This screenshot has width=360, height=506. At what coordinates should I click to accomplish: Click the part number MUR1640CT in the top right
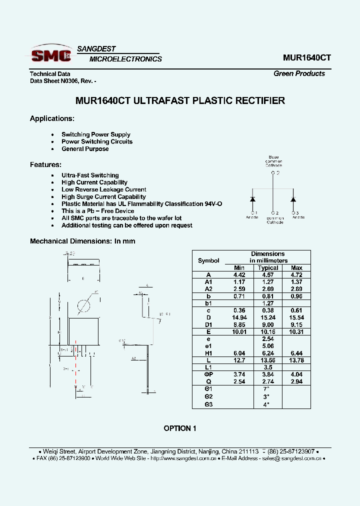306,57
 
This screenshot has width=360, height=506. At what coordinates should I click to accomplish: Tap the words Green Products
299,73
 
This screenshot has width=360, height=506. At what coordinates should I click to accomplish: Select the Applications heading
52,118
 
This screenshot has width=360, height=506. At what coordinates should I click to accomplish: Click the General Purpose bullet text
85,149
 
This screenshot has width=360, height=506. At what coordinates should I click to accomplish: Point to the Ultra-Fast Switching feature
90,175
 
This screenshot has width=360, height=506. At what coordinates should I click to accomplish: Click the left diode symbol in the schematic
252,199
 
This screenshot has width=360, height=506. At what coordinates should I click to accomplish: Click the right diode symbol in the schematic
293,199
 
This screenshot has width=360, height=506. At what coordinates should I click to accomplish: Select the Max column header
296,268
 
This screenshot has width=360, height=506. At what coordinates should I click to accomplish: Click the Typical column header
268,268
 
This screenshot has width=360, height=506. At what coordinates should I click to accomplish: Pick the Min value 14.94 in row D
239,317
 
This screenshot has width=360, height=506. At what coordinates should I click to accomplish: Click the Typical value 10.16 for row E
268,332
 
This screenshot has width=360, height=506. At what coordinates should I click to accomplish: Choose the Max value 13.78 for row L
296,360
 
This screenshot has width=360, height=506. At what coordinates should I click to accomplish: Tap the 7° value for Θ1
268,389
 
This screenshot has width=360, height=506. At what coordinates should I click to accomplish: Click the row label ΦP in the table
208,374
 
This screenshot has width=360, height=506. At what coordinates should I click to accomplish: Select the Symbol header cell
208,260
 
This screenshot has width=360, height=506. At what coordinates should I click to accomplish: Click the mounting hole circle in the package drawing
83,306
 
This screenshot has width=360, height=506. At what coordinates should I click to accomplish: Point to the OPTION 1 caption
180,428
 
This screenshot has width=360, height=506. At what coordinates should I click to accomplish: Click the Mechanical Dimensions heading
82,241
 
